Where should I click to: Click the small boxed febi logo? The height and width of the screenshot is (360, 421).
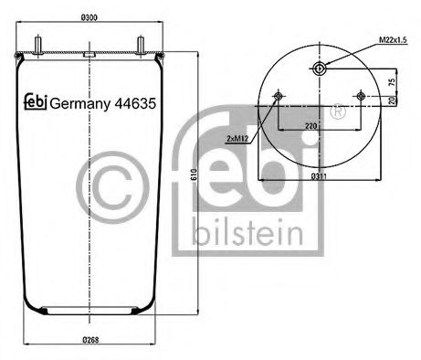(x=35, y=101)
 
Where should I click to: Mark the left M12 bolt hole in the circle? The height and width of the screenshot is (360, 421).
(x=277, y=97)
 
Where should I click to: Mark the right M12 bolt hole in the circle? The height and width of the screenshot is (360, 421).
(x=362, y=97)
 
